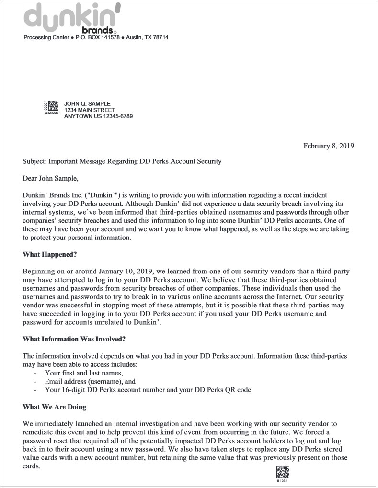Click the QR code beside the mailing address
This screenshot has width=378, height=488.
tap(53, 106)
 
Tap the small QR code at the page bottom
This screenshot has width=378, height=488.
tap(282, 472)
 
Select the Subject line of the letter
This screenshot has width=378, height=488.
tap(122, 161)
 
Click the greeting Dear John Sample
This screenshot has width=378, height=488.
tap(49, 179)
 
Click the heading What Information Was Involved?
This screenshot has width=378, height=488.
tap(74, 339)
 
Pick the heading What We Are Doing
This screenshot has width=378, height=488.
tap(54, 407)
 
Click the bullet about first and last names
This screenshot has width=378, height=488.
tap(84, 373)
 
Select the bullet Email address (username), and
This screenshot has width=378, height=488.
tap(90, 382)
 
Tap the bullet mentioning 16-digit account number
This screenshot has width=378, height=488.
tap(148, 390)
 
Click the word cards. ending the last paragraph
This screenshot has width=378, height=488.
tap(32, 466)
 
